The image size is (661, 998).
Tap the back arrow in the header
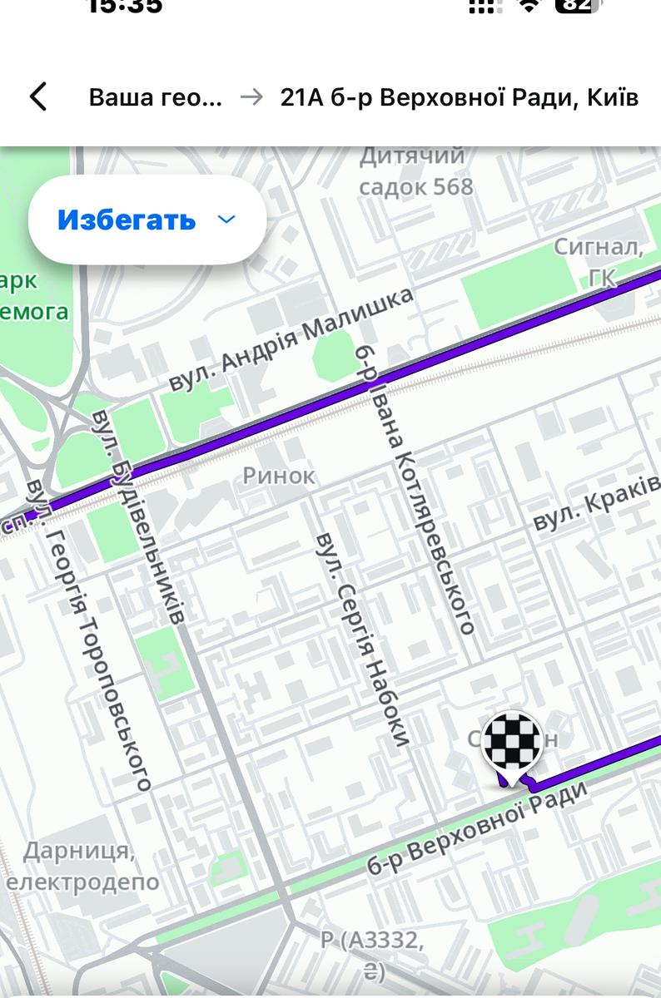tap(38, 97)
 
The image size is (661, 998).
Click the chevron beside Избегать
tap(226, 220)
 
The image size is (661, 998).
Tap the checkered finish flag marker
tap(512, 743)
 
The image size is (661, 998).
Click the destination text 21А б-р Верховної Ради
tap(460, 97)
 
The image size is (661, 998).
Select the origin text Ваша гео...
tap(156, 97)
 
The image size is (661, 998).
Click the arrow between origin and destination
tap(251, 97)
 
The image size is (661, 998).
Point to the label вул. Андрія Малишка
tap(291, 339)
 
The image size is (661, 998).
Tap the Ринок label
tap(279, 476)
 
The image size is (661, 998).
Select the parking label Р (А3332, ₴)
tap(373, 955)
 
